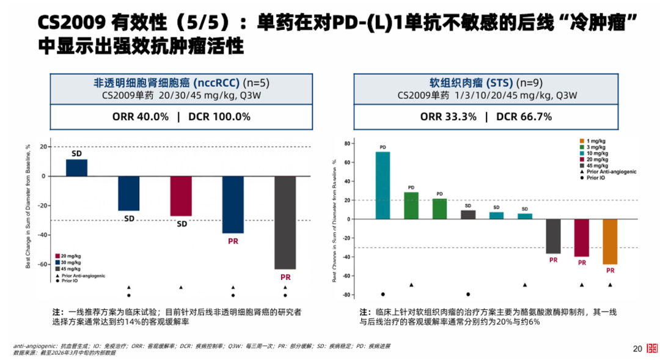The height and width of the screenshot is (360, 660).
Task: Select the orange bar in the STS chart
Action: point(610,241)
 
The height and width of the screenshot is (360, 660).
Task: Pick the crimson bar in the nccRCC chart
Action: point(181,196)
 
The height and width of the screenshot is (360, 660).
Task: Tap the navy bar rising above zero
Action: point(76,167)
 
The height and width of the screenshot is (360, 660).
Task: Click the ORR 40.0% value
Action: point(141,117)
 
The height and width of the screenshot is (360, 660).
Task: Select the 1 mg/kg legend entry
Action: point(596,141)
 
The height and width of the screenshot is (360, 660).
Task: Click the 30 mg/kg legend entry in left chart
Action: point(70,262)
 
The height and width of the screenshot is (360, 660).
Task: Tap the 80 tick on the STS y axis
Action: point(346,143)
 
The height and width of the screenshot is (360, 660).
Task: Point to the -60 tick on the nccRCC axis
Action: point(42,265)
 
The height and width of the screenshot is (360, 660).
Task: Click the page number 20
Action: point(637,349)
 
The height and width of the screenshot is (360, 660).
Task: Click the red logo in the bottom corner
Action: point(651,349)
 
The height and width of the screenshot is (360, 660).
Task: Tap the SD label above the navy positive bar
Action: point(76,154)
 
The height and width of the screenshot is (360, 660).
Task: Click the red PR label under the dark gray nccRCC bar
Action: point(285,277)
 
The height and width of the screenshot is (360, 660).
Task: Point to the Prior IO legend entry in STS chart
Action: point(596,178)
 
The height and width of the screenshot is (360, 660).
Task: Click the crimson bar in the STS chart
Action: point(581,238)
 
